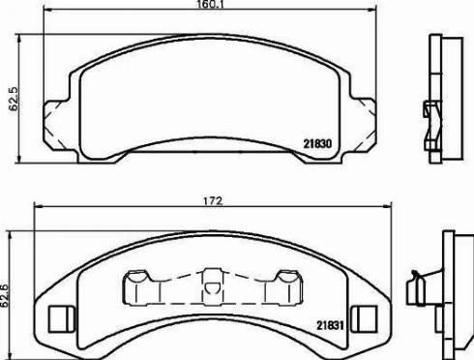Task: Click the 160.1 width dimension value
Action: [x=210, y=4]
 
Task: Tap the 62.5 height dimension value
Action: [x=14, y=99]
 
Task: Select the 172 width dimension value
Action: [x=213, y=201]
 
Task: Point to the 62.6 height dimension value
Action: [x=5, y=296]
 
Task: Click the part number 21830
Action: [x=317, y=143]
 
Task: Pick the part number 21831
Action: [x=330, y=325]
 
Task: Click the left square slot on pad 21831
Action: [x=61, y=319]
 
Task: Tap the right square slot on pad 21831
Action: [x=364, y=318]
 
